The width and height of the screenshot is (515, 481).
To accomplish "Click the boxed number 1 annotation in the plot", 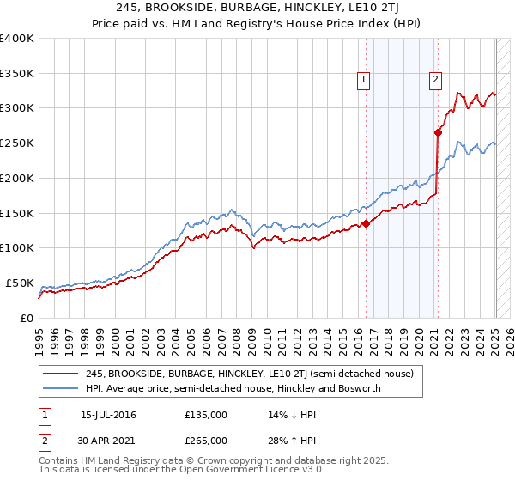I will [364, 80].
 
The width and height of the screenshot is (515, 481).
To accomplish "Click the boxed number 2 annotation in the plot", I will [435, 80].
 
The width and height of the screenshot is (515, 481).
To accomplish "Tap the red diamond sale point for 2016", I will [367, 223].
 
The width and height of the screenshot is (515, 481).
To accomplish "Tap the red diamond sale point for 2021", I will [438, 132].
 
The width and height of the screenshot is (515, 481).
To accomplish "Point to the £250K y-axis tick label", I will [17, 143].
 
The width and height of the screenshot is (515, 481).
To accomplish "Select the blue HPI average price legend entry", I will [233, 388].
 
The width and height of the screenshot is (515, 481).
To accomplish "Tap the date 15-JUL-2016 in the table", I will [108, 415].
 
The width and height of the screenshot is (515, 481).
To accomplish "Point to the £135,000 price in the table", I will [206, 415].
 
